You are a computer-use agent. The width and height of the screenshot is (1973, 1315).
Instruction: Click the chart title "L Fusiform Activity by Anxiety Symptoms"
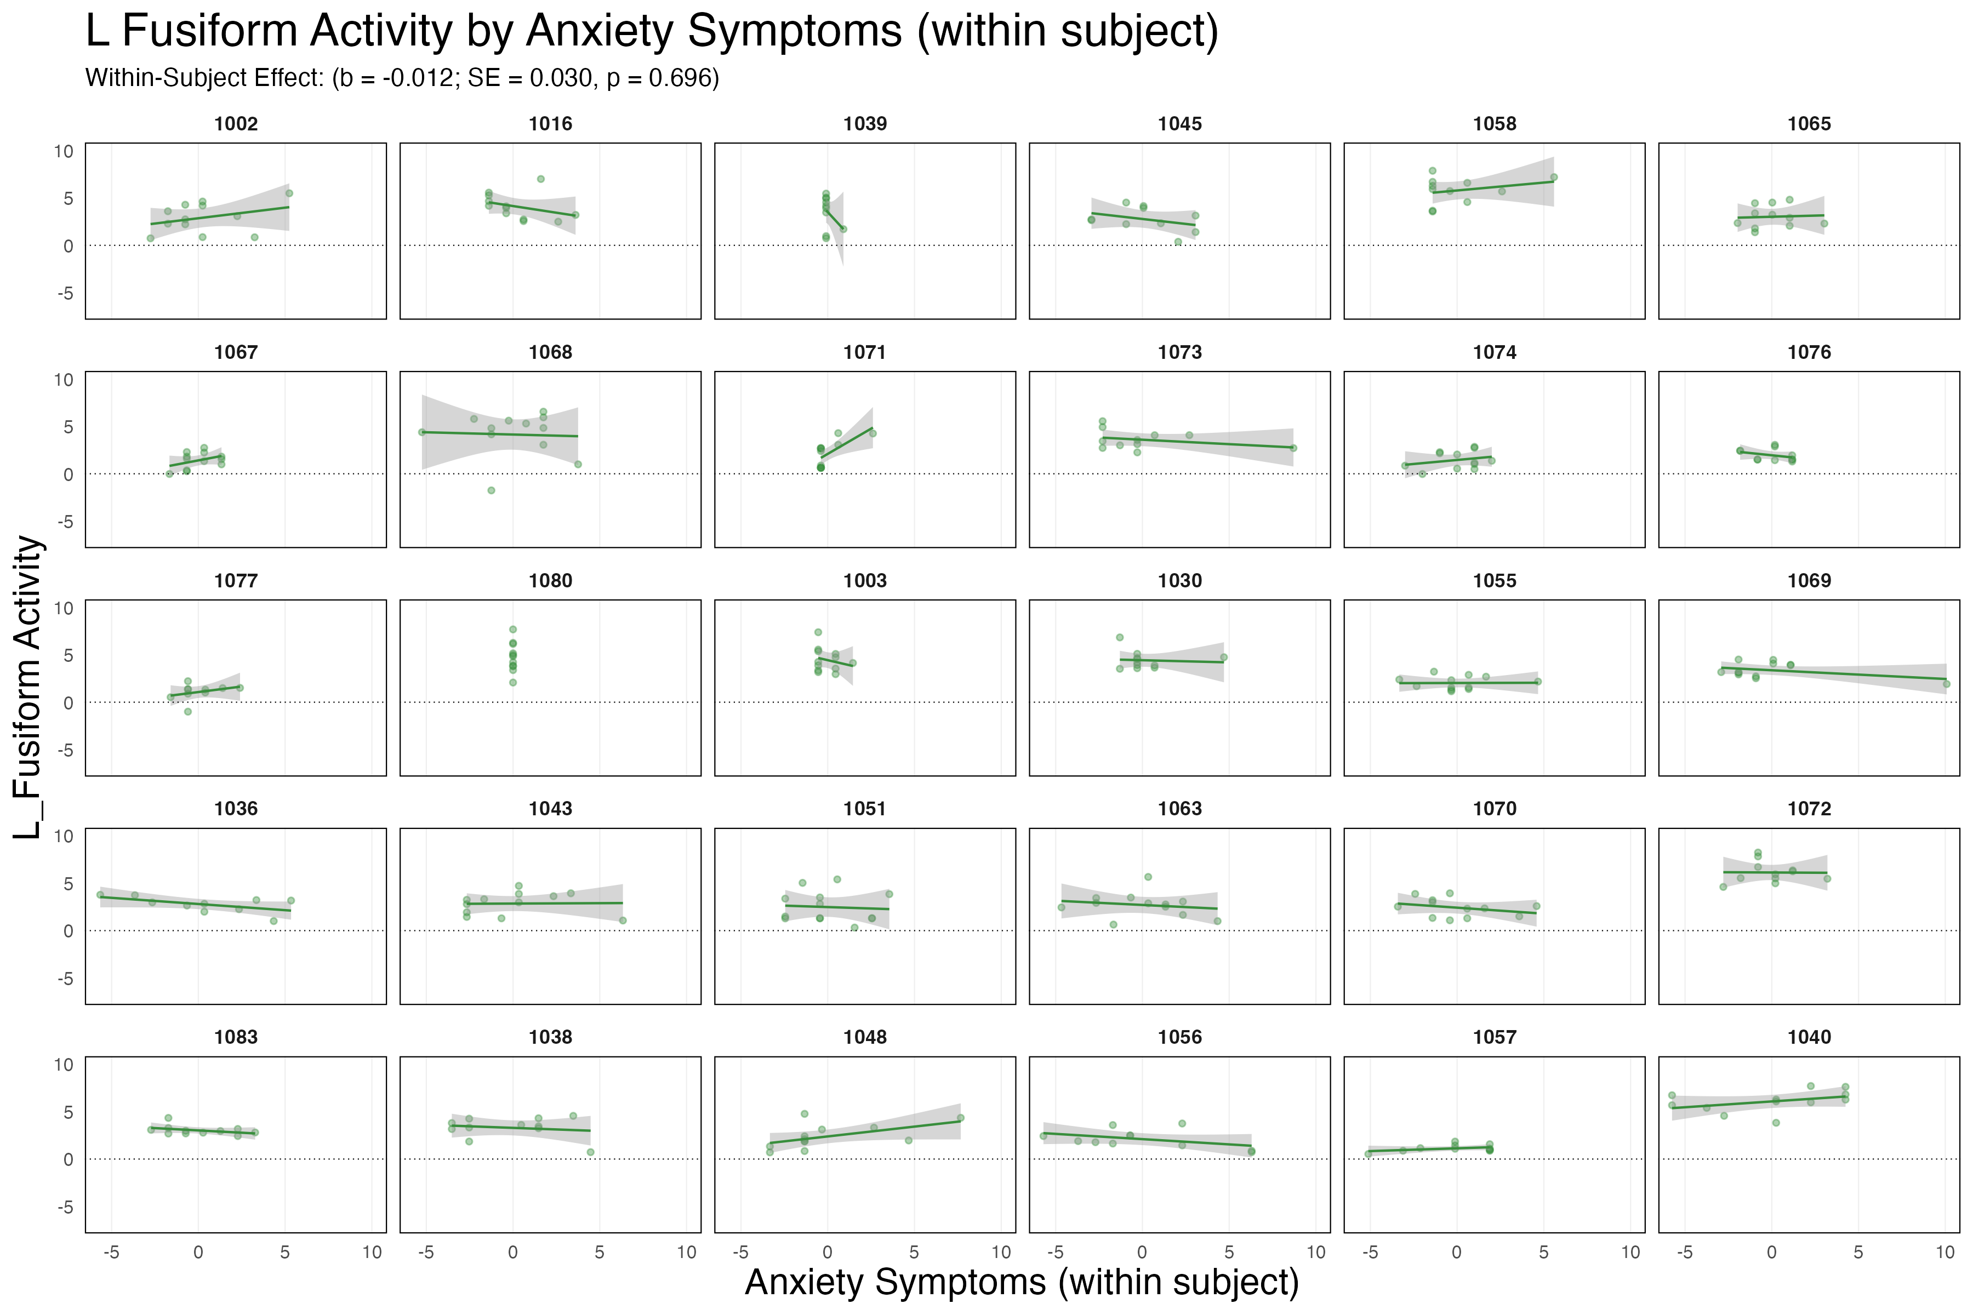coord(652,32)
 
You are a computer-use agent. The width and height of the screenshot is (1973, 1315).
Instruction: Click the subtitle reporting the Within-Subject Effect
coord(402,78)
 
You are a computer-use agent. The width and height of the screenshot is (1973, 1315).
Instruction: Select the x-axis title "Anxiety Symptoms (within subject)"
coord(1022,1282)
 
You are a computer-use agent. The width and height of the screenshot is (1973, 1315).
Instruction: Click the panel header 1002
coord(236,124)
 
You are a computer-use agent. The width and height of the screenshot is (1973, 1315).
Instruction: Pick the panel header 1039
coord(865,124)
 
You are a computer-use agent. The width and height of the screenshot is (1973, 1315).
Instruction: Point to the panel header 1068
coord(550,352)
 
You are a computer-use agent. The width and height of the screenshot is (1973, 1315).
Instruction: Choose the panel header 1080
coord(550,580)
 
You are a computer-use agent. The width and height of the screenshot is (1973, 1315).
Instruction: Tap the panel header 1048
coord(865,1037)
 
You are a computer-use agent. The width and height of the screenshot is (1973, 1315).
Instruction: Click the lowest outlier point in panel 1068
coord(492,490)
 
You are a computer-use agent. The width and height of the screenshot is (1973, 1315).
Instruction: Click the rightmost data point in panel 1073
coord(1293,448)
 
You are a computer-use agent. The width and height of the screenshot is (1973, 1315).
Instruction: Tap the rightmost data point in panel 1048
coord(961,1118)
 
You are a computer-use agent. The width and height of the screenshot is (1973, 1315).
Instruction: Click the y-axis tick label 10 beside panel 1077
coord(64,608)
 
